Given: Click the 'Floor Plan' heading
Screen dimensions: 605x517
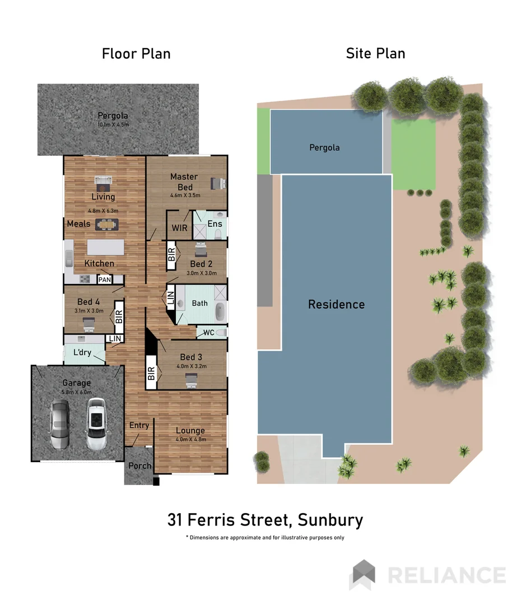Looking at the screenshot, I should click(x=136, y=54).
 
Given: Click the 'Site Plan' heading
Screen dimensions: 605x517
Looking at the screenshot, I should click(x=375, y=54).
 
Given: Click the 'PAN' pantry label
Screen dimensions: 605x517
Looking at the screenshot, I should click(x=104, y=280).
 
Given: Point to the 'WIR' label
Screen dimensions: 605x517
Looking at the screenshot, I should click(x=179, y=228).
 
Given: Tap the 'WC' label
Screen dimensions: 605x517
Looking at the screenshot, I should click(x=208, y=333).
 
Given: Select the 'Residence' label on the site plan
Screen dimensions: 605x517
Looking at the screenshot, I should click(x=336, y=305).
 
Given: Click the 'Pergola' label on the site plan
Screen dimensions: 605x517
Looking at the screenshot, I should click(x=324, y=148).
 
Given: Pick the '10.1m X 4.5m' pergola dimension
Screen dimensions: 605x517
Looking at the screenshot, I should click(x=113, y=124).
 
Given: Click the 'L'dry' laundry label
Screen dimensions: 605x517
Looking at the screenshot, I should click(x=82, y=353).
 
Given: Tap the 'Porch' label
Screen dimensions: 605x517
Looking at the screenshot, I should click(x=139, y=466).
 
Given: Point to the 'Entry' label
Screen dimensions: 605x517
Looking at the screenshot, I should click(x=139, y=425).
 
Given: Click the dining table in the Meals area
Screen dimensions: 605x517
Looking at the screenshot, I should click(x=106, y=225).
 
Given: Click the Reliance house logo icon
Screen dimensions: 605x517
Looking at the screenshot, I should click(x=362, y=574).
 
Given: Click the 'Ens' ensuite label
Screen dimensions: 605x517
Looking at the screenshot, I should click(x=215, y=224).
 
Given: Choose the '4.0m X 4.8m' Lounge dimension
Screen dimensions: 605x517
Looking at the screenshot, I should click(x=190, y=439).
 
